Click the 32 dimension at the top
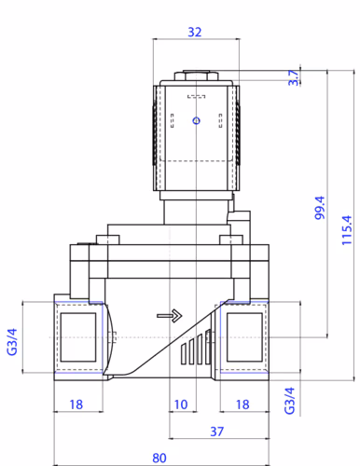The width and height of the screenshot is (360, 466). point(195,32)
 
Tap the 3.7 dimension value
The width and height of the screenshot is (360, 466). point(293,77)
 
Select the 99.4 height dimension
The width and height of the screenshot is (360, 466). point(320,208)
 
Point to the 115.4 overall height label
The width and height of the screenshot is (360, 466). point(347,230)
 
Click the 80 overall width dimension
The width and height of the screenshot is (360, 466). point(159,458)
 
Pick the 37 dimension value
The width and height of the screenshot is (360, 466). point(216,432)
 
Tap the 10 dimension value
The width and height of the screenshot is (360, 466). point(181,404)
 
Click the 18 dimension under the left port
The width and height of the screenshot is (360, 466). point(76,404)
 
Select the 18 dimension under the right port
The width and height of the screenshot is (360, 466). point(242,404)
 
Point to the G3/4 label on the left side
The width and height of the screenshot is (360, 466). point(12,342)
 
